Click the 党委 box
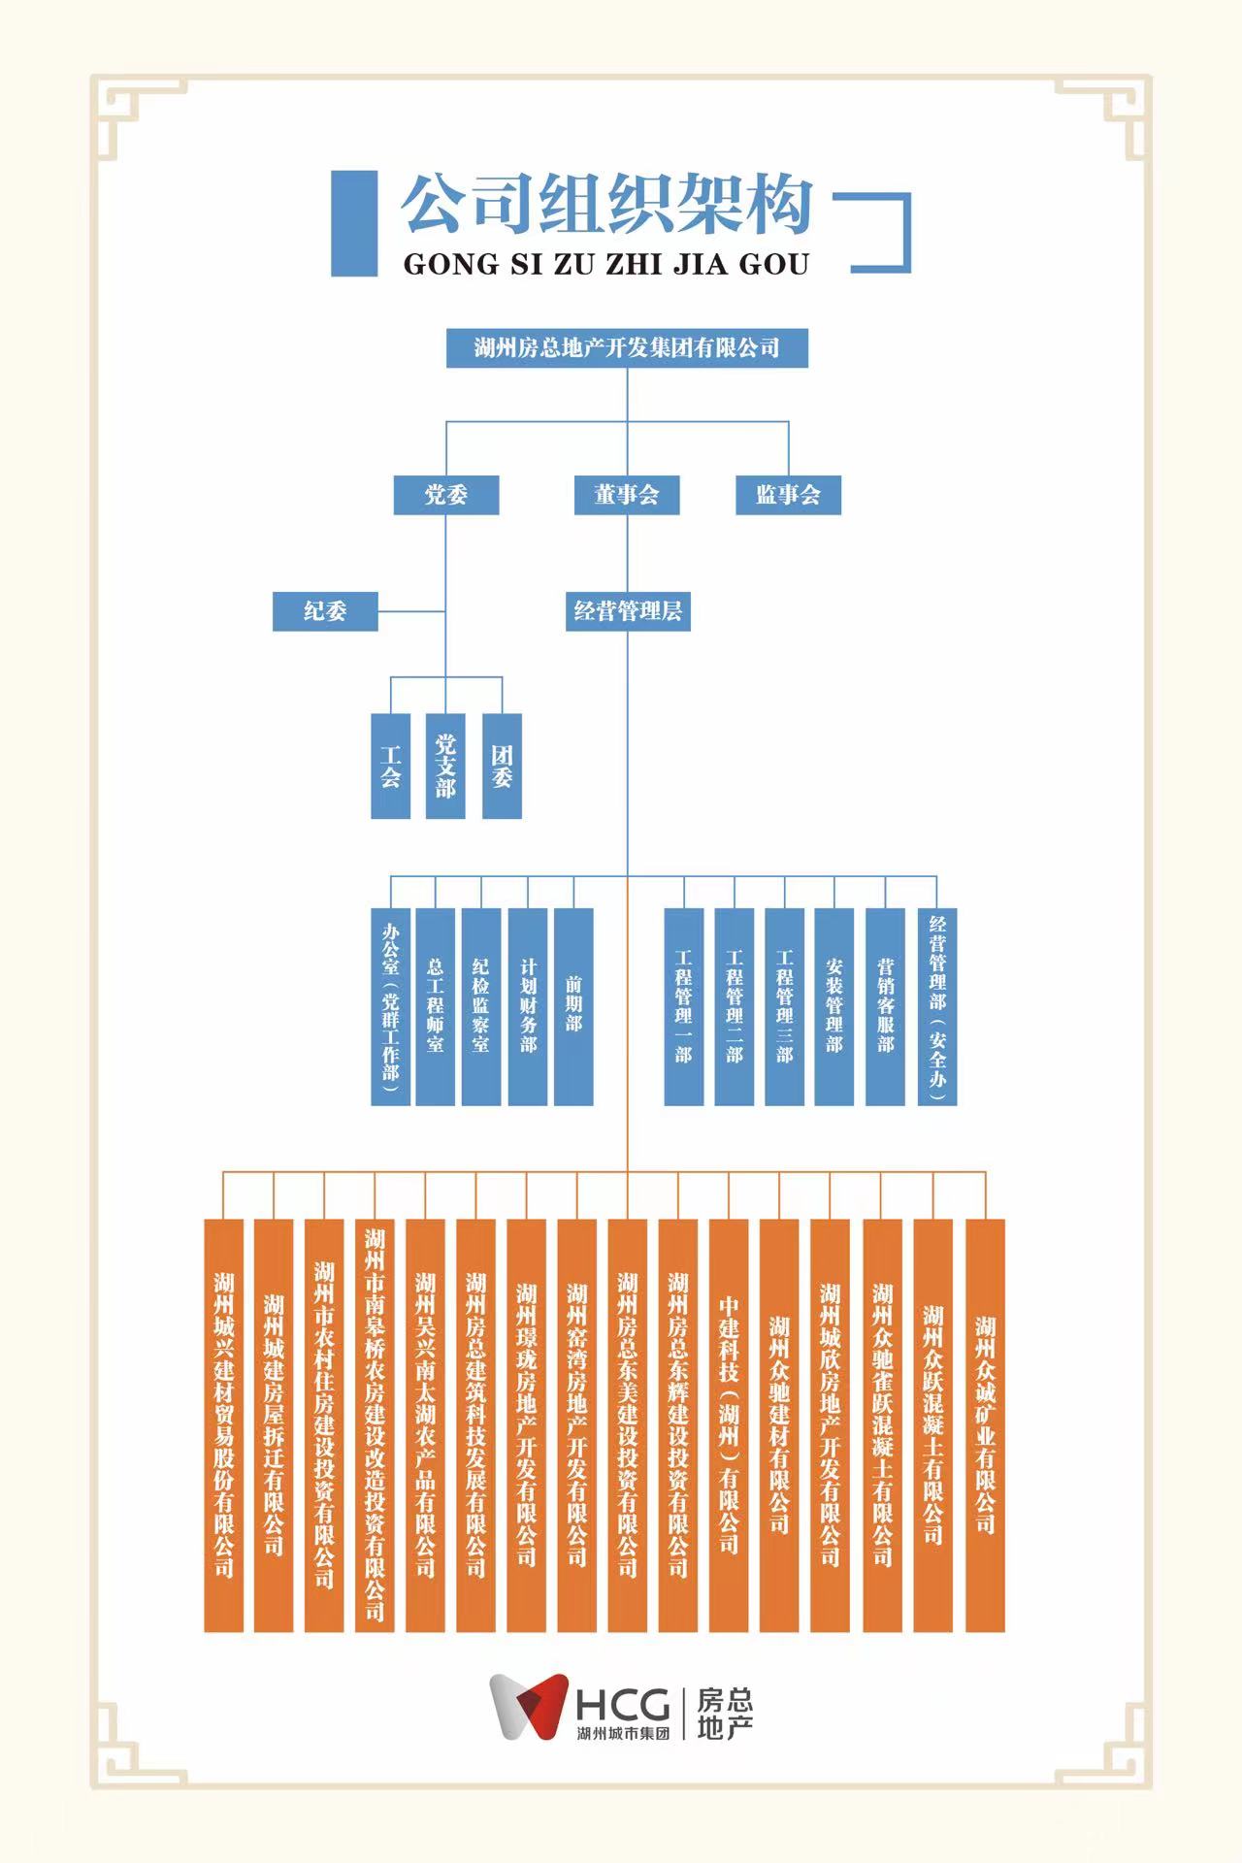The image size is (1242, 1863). click(446, 495)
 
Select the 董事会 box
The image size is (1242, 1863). click(627, 495)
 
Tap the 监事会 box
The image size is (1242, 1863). click(788, 495)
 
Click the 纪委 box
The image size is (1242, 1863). click(325, 611)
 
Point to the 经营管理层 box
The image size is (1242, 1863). click(628, 611)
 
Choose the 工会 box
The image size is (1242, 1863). click(391, 767)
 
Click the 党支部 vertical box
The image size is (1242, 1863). click(445, 767)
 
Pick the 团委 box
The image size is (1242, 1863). click(502, 767)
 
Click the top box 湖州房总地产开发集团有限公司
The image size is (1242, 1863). click(627, 348)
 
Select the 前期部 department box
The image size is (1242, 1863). click(573, 1006)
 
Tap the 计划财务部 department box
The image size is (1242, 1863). click(528, 1006)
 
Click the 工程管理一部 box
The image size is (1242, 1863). click(684, 1006)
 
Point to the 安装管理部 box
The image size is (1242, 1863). click(833, 1006)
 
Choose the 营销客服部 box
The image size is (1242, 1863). click(885, 1006)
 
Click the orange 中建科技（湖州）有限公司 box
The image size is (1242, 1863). click(729, 1425)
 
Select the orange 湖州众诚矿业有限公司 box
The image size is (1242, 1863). click(985, 1425)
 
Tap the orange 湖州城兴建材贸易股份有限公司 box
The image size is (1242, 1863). click(223, 1425)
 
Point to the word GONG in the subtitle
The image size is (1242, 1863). click(447, 264)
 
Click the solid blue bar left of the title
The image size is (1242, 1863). click(354, 223)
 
